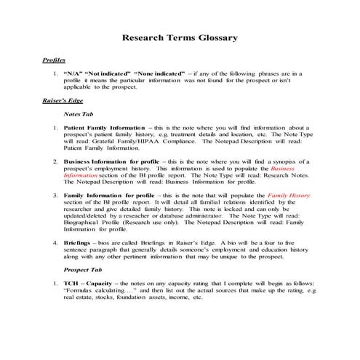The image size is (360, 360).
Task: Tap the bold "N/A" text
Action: click(75, 74)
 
